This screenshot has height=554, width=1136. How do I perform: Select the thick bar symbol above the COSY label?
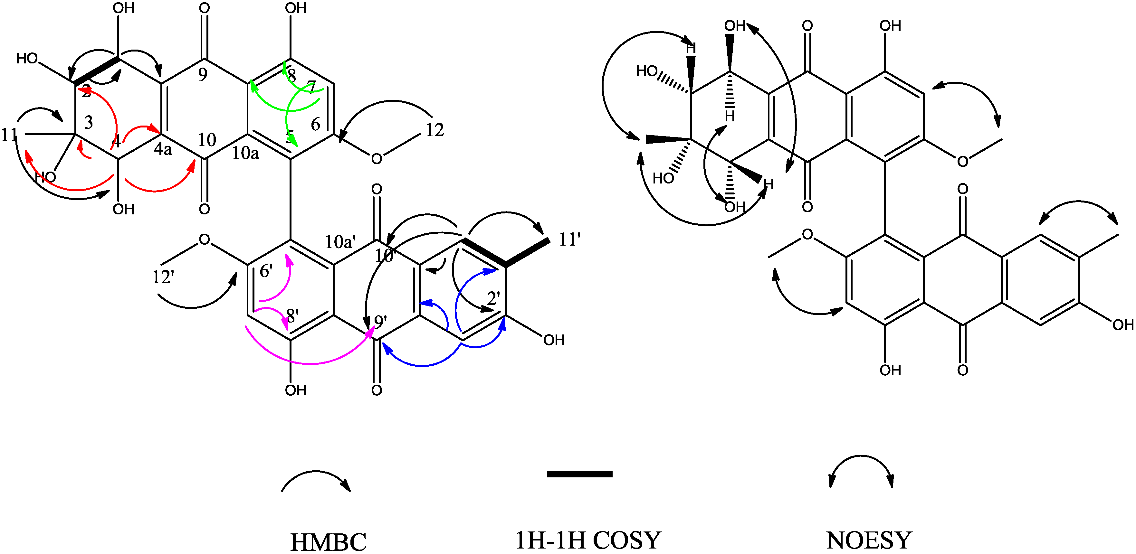(579, 474)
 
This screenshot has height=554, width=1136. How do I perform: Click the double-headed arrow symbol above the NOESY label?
(861, 470)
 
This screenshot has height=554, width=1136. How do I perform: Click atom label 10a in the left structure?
(246, 153)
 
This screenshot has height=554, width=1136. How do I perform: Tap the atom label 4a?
(163, 149)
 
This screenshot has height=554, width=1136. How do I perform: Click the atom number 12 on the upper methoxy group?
(434, 130)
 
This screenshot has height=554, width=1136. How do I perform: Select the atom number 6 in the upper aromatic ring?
(315, 124)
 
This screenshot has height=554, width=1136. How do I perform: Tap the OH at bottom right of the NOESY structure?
(1122, 325)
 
